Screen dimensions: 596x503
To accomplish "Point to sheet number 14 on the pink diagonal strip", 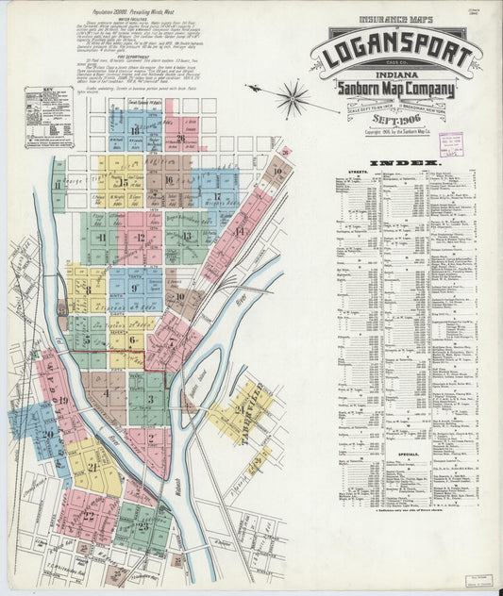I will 239,231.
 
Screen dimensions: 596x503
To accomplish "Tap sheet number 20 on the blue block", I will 47,435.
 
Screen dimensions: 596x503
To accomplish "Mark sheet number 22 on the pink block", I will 88,515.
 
